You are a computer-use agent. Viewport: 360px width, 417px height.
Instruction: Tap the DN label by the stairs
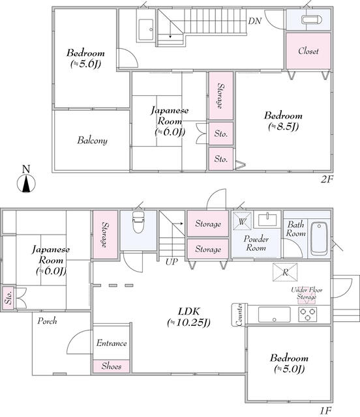(x=255, y=21)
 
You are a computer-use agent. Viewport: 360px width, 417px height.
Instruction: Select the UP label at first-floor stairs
(x=172, y=262)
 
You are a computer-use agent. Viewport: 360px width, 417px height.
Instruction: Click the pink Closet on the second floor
(x=308, y=51)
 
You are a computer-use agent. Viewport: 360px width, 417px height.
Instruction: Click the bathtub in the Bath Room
(x=320, y=238)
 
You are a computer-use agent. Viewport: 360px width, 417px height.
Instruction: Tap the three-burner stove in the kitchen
(x=308, y=314)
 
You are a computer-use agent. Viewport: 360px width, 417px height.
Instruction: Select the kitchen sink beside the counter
(x=275, y=314)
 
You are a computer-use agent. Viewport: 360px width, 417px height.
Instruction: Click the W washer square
(x=242, y=221)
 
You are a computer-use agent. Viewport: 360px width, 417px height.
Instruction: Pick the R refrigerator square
(x=285, y=272)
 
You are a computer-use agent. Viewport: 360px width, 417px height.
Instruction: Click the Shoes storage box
(x=112, y=366)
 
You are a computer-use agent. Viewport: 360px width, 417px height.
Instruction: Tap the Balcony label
(x=93, y=140)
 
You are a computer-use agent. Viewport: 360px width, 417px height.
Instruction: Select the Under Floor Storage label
(x=307, y=293)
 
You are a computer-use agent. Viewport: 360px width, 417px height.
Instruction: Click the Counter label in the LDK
(x=239, y=315)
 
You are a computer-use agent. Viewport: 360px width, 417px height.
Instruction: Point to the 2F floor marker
(x=327, y=180)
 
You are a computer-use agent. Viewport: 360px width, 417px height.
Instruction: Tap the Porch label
(x=47, y=321)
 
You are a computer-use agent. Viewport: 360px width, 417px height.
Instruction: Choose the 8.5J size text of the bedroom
(x=283, y=126)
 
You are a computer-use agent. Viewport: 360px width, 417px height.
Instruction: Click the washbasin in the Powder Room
(x=267, y=220)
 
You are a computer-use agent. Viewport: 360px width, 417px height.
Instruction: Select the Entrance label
(x=112, y=343)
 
